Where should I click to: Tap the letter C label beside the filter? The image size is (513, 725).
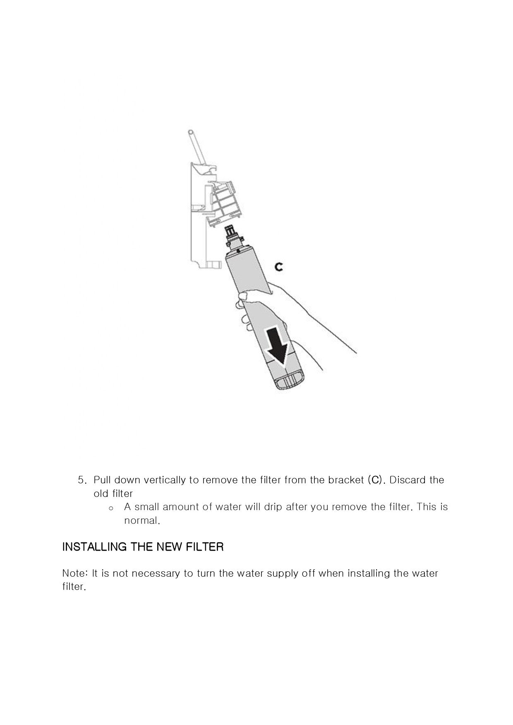point(279,267)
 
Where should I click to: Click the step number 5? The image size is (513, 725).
point(82,480)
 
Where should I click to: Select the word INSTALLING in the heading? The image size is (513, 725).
point(94,547)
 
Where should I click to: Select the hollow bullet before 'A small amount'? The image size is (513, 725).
point(110,508)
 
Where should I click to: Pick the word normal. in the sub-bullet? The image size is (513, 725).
point(142,521)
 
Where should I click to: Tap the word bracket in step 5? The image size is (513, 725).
point(346,480)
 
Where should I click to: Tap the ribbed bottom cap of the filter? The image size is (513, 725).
point(290,382)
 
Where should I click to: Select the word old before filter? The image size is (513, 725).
point(101,494)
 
